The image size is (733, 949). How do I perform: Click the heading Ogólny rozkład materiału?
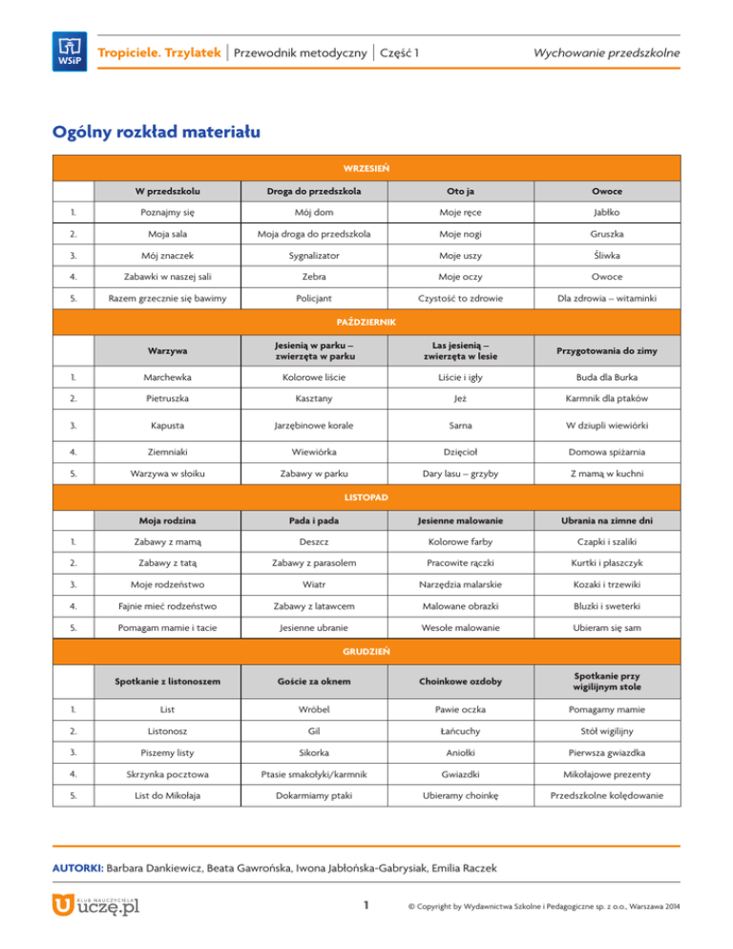[x=156, y=131]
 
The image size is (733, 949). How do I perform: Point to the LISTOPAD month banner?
[x=366, y=497]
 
